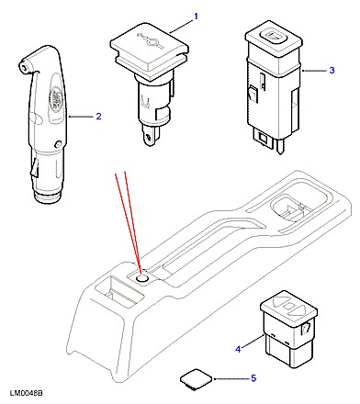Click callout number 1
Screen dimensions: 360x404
196,17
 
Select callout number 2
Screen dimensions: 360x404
98,117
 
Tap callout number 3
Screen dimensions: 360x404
332,70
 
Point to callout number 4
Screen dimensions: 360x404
239,349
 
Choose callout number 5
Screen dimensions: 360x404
253,378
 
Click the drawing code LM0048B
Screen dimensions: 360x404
27,393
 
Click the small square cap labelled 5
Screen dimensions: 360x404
196,379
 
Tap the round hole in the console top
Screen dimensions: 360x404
141,278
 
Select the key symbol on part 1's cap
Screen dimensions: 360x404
150,40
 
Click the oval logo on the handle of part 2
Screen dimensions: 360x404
56,99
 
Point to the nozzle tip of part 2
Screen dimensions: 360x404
23,67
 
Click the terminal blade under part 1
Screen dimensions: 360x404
149,136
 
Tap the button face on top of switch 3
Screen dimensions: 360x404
273,37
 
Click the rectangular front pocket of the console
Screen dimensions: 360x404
119,291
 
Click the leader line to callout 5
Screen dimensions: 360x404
231,379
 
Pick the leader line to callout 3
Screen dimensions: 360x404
315,71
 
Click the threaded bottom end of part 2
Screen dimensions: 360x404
48,196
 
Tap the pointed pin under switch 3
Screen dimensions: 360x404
280,148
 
